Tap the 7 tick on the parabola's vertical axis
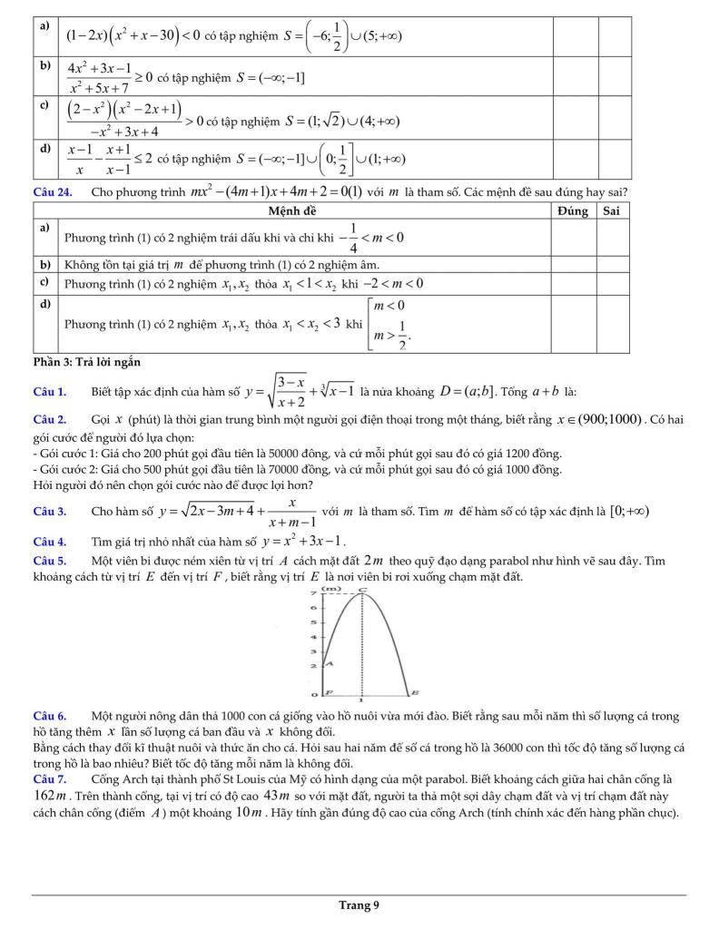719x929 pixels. click(x=312, y=591)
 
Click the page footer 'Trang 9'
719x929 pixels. click(x=359, y=905)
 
